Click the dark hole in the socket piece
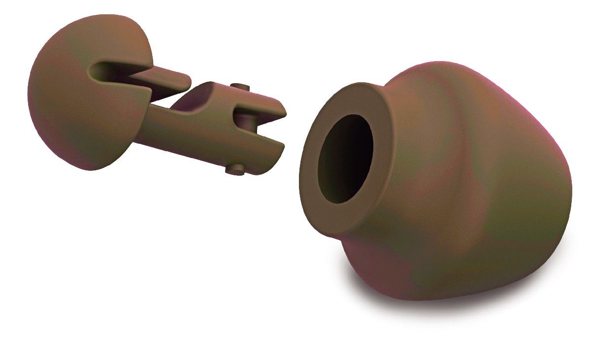pyautogui.click(x=345, y=158)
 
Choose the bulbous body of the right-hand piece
pyautogui.click(x=473, y=187)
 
